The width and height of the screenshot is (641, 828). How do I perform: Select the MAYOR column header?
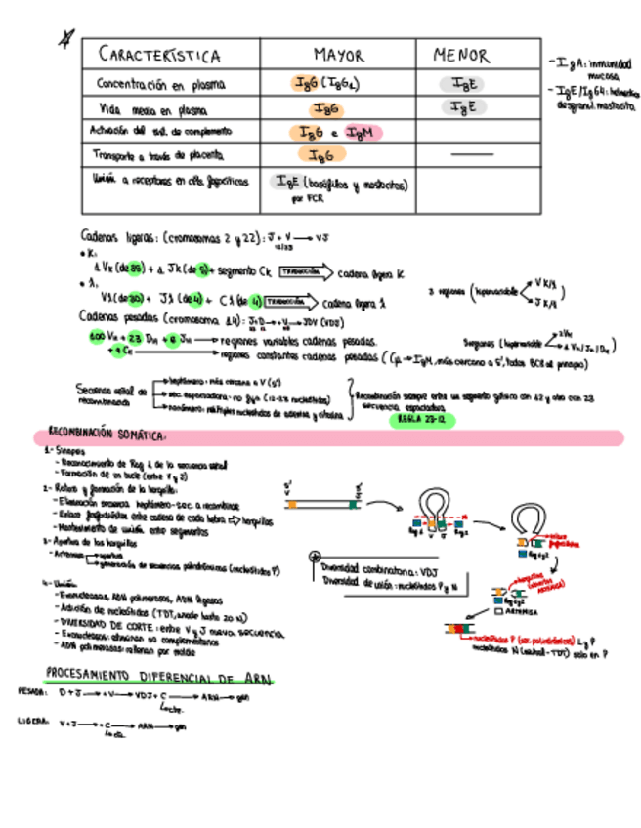[x=338, y=55]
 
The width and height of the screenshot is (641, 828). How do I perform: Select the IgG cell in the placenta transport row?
[x=321, y=155]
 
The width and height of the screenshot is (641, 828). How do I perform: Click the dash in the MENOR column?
[x=473, y=155]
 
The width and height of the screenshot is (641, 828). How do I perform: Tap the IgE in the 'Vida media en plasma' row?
[x=462, y=108]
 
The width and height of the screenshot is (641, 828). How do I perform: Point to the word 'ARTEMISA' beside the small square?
[x=519, y=612]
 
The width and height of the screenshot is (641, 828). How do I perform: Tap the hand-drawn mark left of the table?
[x=65, y=38]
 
